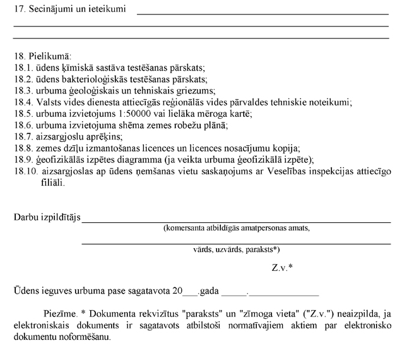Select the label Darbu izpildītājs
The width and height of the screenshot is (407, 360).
[x=47, y=218]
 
